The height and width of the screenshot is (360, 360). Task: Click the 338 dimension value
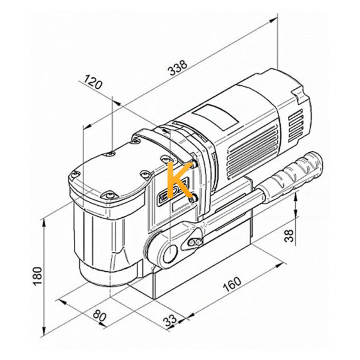(178, 68)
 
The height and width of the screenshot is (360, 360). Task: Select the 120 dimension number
(93, 82)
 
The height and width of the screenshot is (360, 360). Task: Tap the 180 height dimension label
(37, 276)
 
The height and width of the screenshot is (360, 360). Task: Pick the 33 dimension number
(170, 320)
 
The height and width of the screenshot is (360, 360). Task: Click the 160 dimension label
(232, 284)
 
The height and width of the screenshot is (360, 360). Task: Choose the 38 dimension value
(289, 236)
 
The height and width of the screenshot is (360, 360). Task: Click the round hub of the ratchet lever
(170, 253)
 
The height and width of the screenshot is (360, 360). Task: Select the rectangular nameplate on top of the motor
(215, 116)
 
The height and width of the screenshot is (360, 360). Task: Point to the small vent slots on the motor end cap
(295, 125)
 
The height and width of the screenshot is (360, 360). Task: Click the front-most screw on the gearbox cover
(110, 196)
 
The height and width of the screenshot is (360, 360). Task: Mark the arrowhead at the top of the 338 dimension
(274, 20)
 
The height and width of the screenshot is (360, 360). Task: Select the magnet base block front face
(203, 271)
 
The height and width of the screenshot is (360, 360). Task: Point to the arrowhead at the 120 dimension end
(118, 104)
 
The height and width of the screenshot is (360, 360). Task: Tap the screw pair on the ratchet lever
(195, 242)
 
